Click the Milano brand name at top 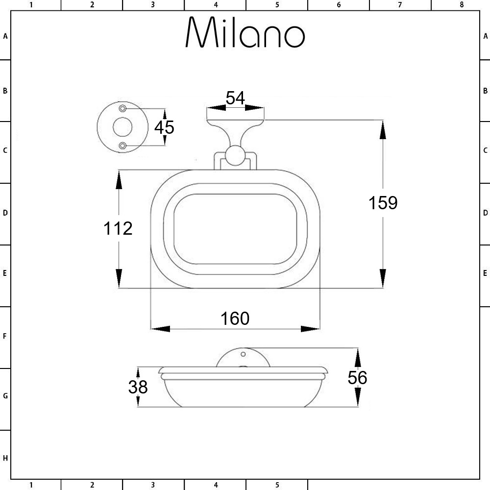(245, 33)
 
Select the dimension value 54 (235, 98)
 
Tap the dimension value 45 (164, 127)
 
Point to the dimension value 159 (383, 202)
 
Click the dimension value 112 (118, 228)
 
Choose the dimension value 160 (235, 318)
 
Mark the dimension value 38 (138, 387)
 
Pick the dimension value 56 (358, 378)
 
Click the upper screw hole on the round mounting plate (122, 108)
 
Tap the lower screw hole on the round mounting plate (122, 146)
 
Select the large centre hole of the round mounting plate (122, 127)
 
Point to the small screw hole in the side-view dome (243, 354)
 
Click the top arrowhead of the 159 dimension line (383, 129)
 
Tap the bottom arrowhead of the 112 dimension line (119, 278)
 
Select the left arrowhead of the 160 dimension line (160, 328)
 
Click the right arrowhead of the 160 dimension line (310, 328)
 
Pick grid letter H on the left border (5, 459)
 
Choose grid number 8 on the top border (461, 5)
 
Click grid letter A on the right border (485, 36)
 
